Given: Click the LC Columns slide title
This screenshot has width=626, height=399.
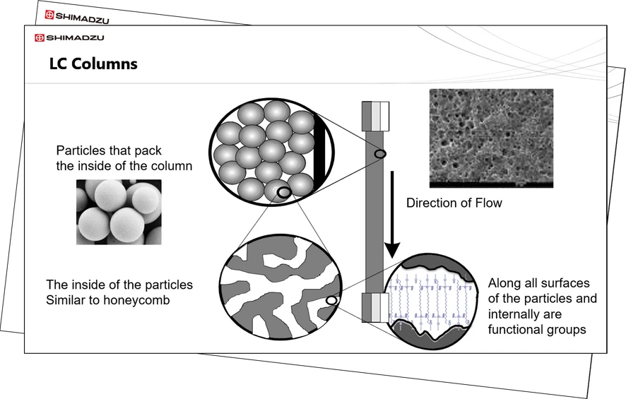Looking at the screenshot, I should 93,64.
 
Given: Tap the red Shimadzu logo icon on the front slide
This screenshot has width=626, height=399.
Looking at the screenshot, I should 40,37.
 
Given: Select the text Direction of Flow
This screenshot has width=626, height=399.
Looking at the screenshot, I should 454,203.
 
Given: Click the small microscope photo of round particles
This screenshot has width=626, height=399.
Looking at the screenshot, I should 119,212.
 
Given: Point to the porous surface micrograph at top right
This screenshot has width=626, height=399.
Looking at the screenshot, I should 491,138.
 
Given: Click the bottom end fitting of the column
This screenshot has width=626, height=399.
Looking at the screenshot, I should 374,307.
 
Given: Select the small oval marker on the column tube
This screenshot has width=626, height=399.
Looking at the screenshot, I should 380,154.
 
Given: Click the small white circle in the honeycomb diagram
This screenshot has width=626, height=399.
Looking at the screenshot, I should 331,301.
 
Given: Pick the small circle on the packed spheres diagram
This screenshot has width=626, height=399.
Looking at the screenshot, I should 283,191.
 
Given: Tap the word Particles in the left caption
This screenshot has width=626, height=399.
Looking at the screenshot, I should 79,152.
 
